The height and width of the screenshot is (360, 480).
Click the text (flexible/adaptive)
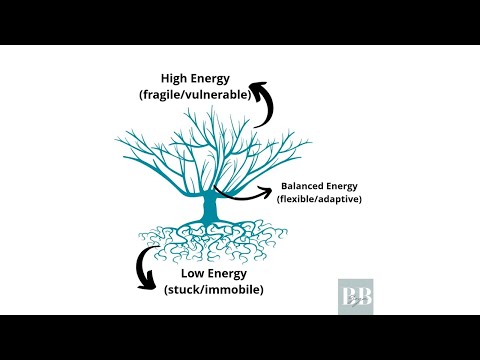[319, 200]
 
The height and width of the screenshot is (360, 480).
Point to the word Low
[197, 273]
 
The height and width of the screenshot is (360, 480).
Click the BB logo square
[355, 297]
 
